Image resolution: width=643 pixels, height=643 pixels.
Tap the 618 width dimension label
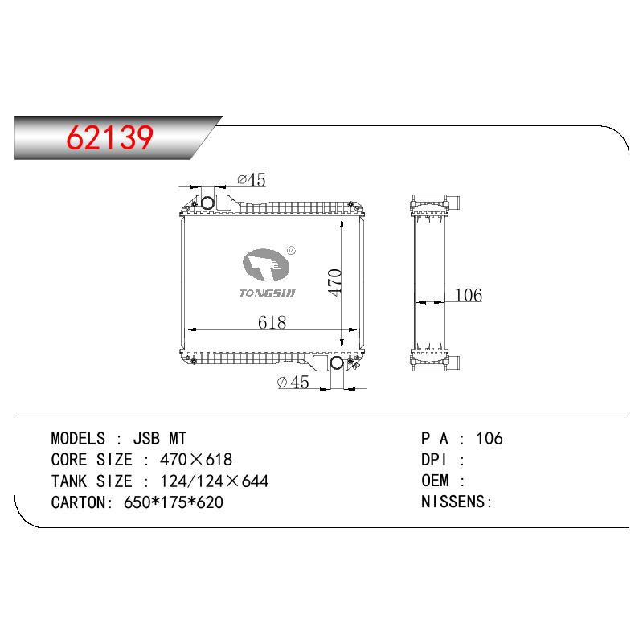(272, 322)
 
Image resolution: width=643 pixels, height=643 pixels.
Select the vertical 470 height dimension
(334, 282)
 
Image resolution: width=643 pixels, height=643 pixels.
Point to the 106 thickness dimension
(469, 295)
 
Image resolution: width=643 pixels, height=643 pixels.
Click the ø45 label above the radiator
(252, 179)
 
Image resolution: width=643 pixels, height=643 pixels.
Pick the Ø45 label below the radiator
(293, 383)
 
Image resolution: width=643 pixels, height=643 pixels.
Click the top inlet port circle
(207, 203)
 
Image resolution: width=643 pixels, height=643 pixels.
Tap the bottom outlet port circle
(337, 362)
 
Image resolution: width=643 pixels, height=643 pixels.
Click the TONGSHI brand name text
(267, 293)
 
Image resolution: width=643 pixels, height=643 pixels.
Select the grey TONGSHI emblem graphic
(266, 265)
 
